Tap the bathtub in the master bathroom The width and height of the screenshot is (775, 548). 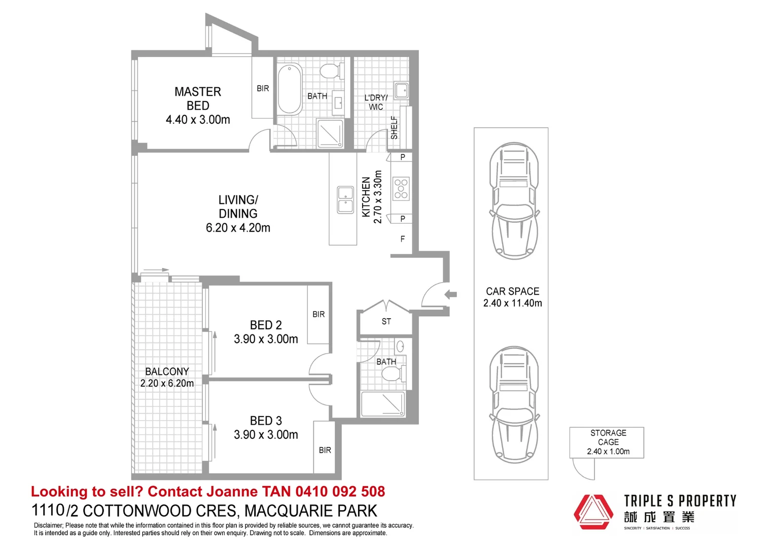click(x=289, y=89)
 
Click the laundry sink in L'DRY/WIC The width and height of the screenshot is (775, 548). click(x=402, y=91)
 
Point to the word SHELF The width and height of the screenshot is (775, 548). click(x=395, y=127)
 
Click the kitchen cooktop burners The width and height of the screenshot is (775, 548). click(x=401, y=189)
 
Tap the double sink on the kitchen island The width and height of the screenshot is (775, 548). click(x=345, y=200)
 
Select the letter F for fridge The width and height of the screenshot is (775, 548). click(x=402, y=239)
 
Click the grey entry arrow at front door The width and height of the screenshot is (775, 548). click(x=450, y=295)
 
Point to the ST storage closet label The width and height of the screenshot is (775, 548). click(x=386, y=322)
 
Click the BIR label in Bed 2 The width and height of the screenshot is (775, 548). click(x=319, y=314)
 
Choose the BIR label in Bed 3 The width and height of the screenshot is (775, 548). click(x=325, y=450)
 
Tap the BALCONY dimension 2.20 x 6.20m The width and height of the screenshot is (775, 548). click(x=167, y=383)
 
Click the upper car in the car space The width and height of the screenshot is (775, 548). click(x=514, y=201)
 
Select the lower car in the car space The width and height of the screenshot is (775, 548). click(x=514, y=405)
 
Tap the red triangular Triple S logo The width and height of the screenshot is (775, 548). click(x=593, y=512)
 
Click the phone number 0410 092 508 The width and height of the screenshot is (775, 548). click(x=340, y=492)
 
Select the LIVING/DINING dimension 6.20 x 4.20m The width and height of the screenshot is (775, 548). click(x=238, y=228)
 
